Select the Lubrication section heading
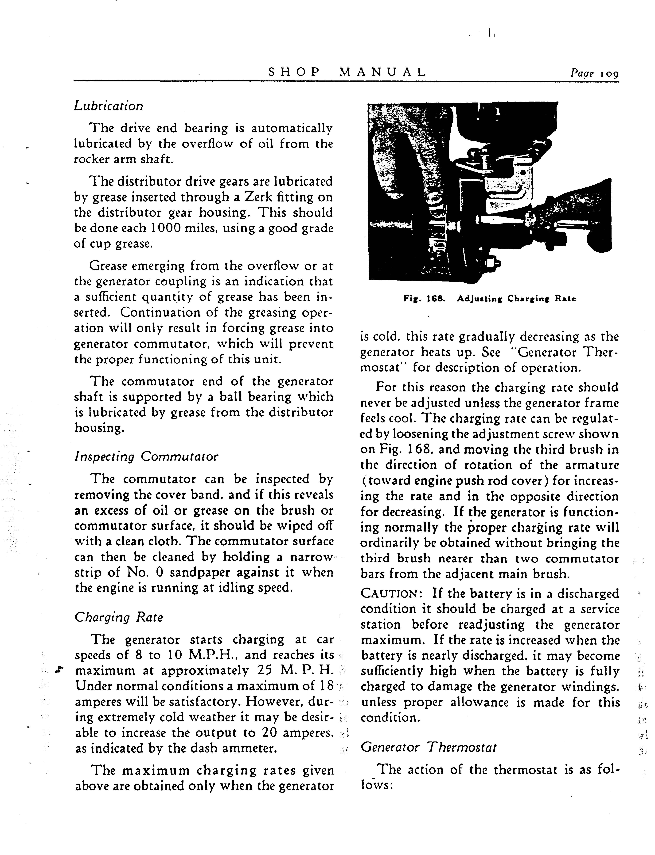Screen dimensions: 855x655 108,106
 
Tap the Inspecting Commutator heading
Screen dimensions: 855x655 146,456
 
